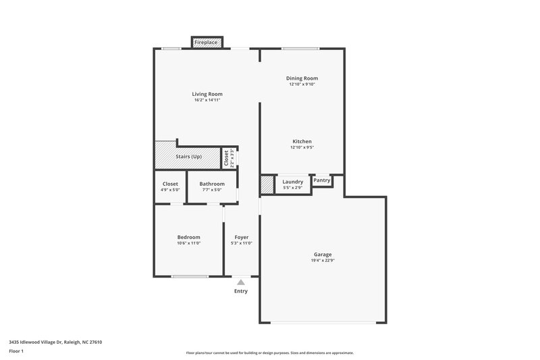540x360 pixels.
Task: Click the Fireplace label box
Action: [x=206, y=43]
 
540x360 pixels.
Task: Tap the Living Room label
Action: [x=207, y=94]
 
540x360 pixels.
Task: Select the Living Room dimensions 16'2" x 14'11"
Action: [x=207, y=100]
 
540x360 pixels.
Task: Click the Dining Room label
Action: [x=302, y=78]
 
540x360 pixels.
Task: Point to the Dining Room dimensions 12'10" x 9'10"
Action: [x=302, y=84]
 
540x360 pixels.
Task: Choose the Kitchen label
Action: [x=302, y=141]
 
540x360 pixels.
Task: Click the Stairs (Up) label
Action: [x=189, y=157]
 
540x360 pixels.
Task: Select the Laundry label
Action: [x=292, y=182]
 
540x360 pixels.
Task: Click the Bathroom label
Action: [x=212, y=184]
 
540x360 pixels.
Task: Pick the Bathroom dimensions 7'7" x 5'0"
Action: [x=212, y=190]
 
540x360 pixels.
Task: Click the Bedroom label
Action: [x=189, y=237]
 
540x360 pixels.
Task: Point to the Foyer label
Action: [x=242, y=237]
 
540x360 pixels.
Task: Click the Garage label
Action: [x=323, y=254]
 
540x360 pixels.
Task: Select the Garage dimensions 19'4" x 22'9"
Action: [x=323, y=260]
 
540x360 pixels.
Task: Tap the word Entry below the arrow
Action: [x=241, y=291]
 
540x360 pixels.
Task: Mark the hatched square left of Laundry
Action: [x=267, y=184]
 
